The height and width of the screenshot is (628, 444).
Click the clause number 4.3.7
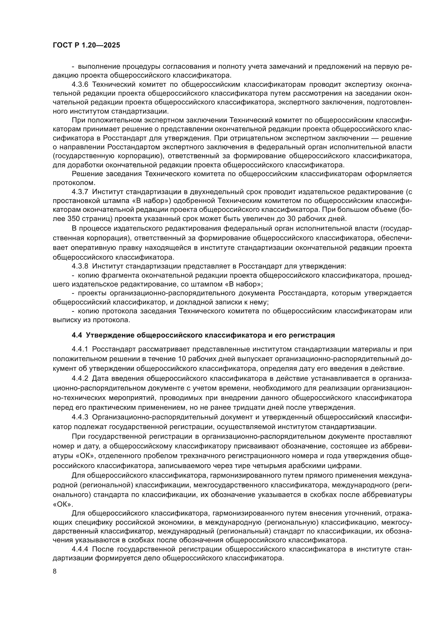[x=80, y=192]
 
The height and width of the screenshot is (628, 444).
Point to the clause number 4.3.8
[x=80, y=266]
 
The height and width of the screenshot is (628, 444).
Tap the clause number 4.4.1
[x=80, y=349]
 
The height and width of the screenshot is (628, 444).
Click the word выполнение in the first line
[x=99, y=67]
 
